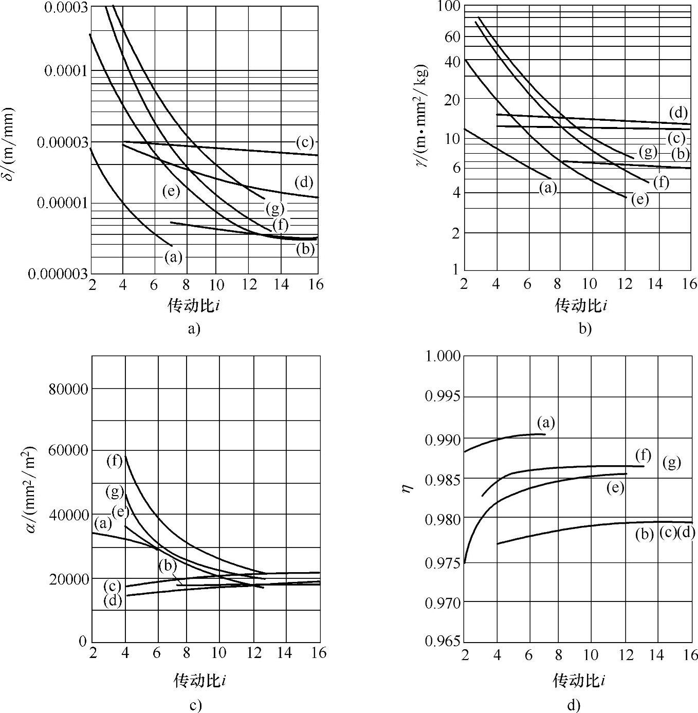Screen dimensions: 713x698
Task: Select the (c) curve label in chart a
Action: (305, 142)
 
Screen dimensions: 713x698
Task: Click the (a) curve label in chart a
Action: (173, 257)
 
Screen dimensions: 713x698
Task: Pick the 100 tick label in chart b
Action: (447, 6)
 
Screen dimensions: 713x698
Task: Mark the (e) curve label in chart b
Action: (640, 199)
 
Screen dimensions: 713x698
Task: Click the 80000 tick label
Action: (68, 389)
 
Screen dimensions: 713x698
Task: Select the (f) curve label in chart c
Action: (115, 461)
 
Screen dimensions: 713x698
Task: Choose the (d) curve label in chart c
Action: (113, 600)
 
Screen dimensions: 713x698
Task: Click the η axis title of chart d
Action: (407, 489)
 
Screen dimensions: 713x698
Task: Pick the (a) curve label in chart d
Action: (546, 423)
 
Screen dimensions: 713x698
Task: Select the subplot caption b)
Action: (585, 329)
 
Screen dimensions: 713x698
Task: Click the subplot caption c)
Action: (195, 705)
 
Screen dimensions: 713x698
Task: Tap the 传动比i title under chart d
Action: (578, 681)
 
